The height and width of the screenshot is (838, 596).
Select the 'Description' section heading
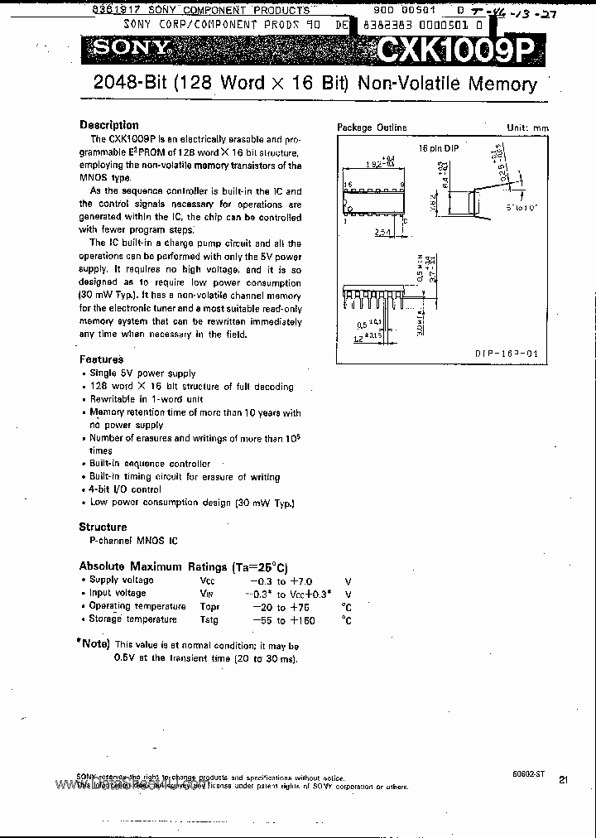108,125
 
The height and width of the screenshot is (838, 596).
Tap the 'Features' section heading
101,359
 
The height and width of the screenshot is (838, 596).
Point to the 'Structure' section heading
103,527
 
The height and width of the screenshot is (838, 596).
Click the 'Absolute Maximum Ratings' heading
183,567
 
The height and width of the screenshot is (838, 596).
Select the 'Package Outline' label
372,128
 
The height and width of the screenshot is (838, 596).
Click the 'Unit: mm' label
527,128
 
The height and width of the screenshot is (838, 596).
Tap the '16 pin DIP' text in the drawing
438,147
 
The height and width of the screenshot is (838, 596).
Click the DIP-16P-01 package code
507,354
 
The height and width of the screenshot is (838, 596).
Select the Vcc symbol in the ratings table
207,580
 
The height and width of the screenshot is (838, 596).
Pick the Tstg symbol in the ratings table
209,619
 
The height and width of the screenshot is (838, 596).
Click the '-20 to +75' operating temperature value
274,607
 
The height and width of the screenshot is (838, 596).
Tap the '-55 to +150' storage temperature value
274,620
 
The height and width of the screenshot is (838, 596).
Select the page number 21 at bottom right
563,779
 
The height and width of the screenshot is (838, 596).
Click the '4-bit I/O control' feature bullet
125,489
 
